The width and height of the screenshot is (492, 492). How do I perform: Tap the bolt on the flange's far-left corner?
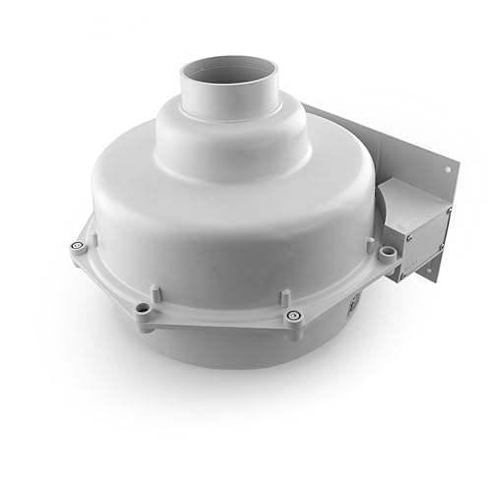[x=78, y=247]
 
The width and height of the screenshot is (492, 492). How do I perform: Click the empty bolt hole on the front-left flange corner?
[x=144, y=308]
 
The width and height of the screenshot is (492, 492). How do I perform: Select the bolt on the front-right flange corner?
[x=292, y=315]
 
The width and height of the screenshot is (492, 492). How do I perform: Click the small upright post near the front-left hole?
[x=154, y=293]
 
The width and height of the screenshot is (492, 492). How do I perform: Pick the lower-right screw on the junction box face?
[x=442, y=246]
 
